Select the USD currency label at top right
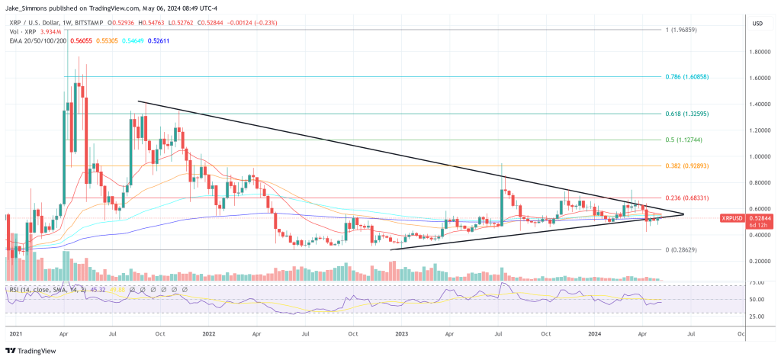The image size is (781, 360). click(757, 23)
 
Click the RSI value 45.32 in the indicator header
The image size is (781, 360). click(98, 290)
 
